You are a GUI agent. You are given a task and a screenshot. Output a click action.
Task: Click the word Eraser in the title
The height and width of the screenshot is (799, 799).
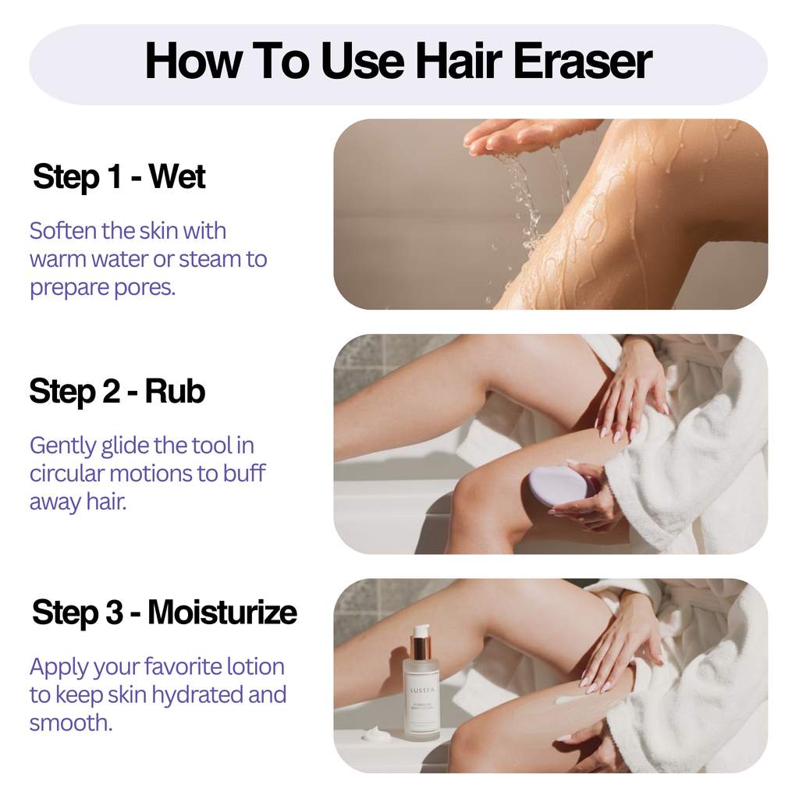(573, 63)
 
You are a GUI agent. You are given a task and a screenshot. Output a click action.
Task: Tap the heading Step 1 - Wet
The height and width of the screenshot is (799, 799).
(119, 177)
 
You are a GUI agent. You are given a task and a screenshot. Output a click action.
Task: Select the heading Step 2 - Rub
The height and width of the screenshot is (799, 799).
(117, 391)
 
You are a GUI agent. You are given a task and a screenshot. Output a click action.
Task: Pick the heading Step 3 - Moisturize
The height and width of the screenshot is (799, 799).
(164, 613)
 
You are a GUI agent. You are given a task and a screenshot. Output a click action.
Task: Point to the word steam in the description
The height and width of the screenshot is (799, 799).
(202, 259)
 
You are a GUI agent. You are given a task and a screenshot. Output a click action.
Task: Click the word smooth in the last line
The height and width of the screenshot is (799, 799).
(70, 723)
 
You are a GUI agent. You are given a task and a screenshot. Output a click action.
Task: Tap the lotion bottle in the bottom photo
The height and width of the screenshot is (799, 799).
(421, 691)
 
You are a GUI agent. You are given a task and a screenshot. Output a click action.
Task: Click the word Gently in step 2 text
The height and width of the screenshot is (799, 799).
(63, 446)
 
